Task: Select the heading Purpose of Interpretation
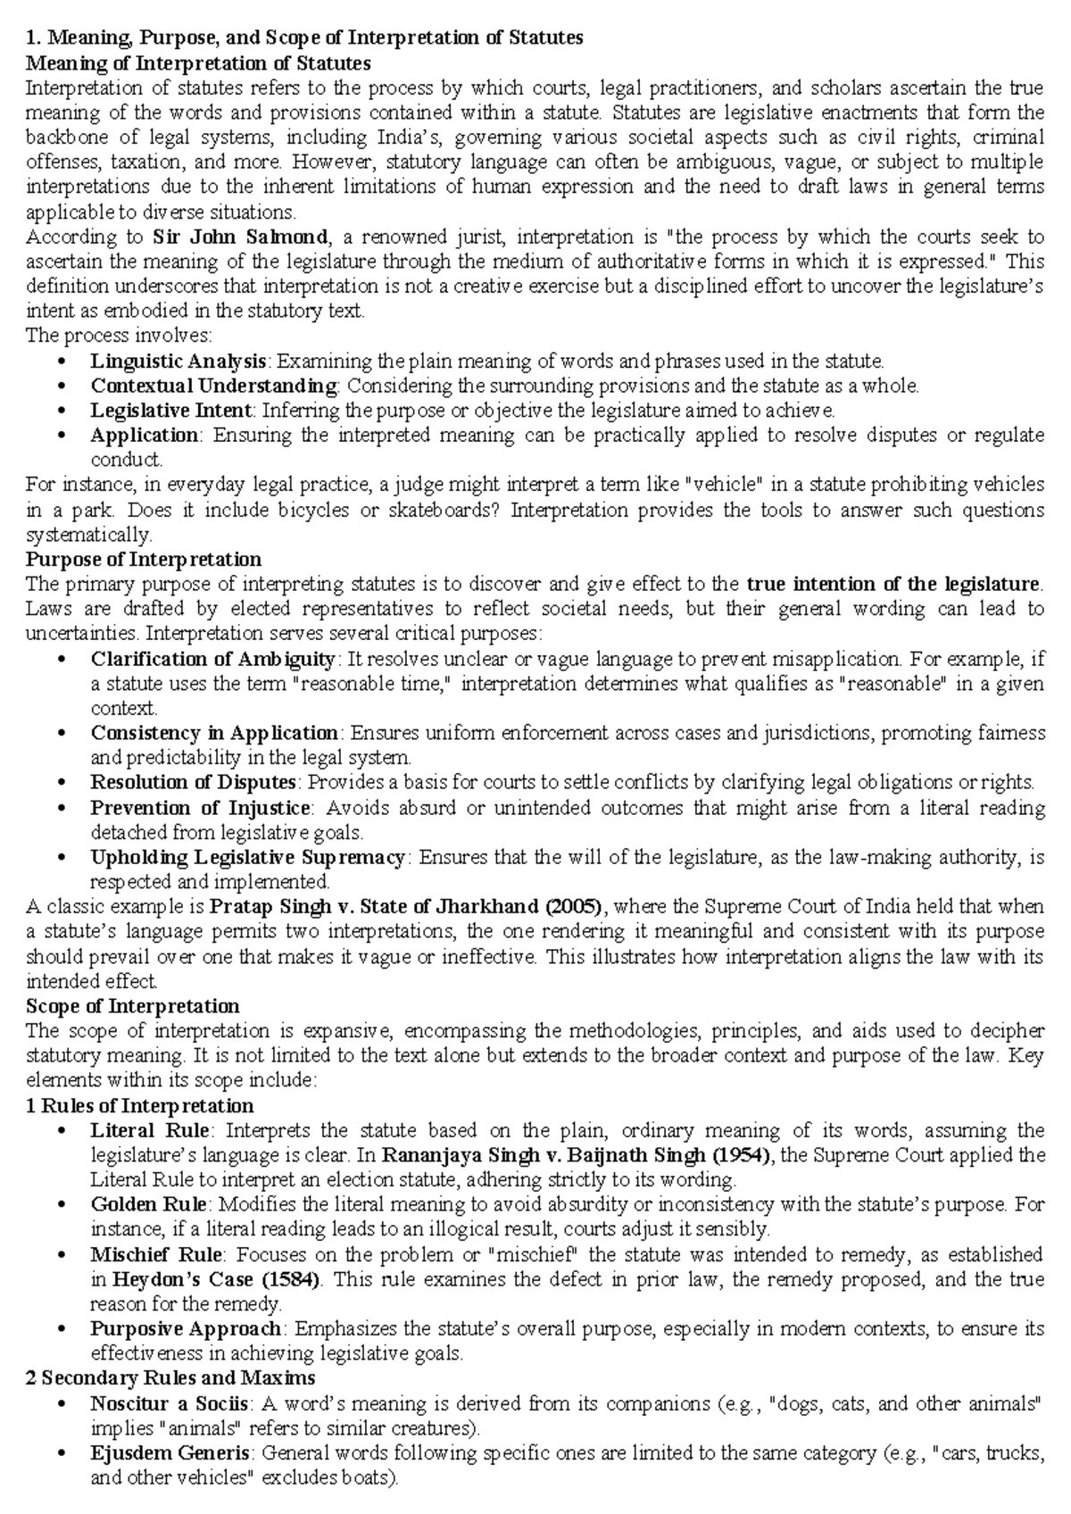point(143,560)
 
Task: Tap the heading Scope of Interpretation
point(132,1006)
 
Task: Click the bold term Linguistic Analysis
point(178,362)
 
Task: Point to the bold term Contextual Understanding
point(213,386)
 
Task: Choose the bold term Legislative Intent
point(170,411)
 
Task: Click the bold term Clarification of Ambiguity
point(212,659)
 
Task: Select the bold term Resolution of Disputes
point(193,783)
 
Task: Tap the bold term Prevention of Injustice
point(200,808)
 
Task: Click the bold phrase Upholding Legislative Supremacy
point(247,858)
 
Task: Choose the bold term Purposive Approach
point(186,1328)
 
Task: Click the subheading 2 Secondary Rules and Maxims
point(170,1377)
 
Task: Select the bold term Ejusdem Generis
point(170,1452)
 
